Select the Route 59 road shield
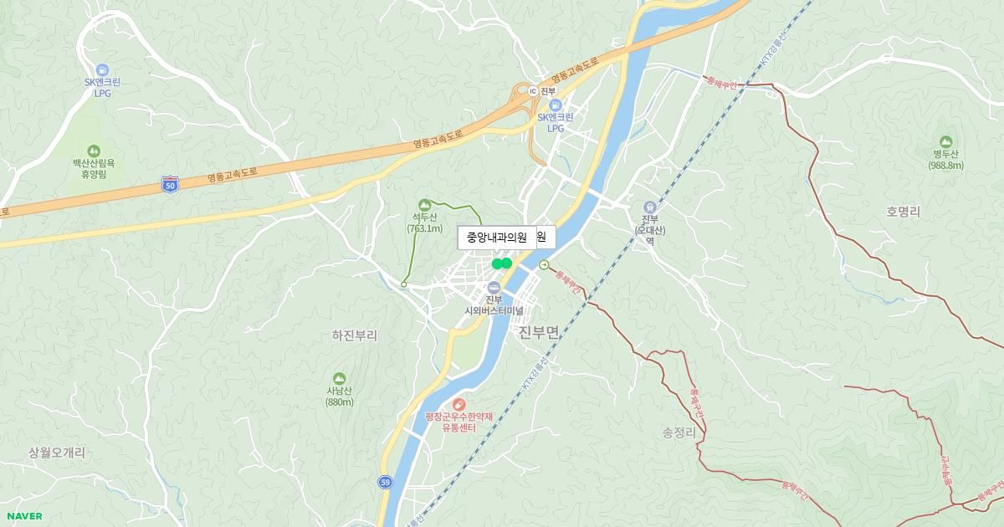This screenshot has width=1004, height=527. (x=385, y=482)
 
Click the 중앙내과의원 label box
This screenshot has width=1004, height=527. (x=497, y=238)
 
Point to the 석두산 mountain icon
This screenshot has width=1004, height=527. (x=425, y=205)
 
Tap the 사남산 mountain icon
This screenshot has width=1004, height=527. (x=339, y=378)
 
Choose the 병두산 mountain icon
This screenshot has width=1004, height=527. (x=945, y=141)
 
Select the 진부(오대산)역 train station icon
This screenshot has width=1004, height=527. (x=648, y=207)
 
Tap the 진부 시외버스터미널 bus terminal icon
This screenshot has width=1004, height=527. (x=494, y=288)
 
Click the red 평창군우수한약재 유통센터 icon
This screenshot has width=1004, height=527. (x=458, y=405)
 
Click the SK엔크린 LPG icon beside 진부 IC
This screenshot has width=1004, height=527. (x=555, y=105)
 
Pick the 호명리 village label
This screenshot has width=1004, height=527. (x=903, y=212)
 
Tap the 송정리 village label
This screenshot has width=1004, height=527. (x=679, y=432)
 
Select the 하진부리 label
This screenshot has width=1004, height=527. (x=354, y=335)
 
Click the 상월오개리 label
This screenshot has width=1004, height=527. (x=57, y=452)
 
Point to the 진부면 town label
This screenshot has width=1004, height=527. (x=538, y=333)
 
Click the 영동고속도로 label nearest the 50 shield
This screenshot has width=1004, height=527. (x=232, y=173)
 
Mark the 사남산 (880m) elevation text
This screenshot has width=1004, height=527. (x=340, y=402)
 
